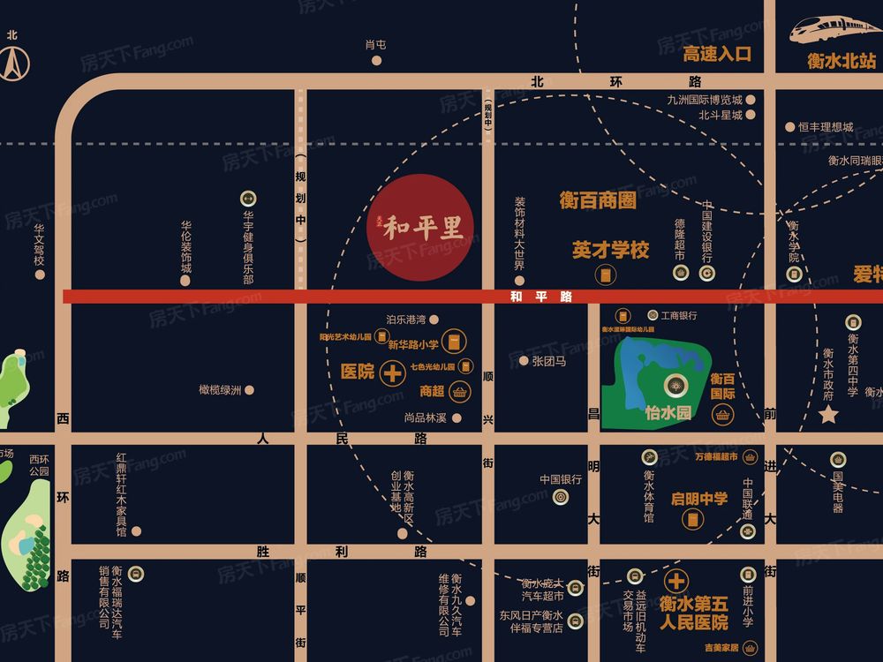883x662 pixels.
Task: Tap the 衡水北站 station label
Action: [841, 61]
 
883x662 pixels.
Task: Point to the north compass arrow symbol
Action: [12, 63]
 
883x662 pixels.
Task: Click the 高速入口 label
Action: [717, 54]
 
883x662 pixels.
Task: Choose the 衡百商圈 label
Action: [598, 200]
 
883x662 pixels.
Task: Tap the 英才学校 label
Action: [610, 250]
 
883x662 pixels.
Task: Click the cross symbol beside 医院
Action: [392, 373]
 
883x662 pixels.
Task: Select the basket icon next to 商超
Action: [459, 391]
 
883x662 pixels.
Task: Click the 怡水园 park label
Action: [668, 412]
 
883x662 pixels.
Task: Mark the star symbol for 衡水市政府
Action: [828, 415]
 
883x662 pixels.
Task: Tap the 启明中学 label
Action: [699, 499]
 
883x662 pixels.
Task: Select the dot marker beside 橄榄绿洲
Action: [250, 389]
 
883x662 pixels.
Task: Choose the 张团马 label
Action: [548, 360]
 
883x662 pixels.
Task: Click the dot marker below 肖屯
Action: [376, 61]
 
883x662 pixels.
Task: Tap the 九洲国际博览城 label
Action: [705, 100]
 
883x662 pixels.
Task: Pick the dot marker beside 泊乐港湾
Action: [434, 320]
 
